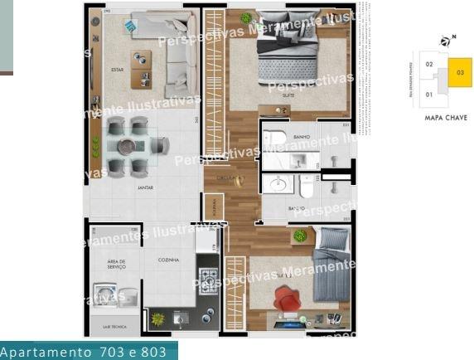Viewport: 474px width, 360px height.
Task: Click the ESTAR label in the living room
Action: [117, 69]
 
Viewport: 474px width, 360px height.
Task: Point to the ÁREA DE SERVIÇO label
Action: [116, 264]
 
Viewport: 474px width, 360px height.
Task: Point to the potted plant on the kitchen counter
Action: [154, 319]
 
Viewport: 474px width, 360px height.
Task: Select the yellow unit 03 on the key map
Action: [459, 73]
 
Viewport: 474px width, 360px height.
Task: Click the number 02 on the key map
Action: [429, 64]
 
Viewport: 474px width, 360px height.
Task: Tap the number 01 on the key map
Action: [429, 95]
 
